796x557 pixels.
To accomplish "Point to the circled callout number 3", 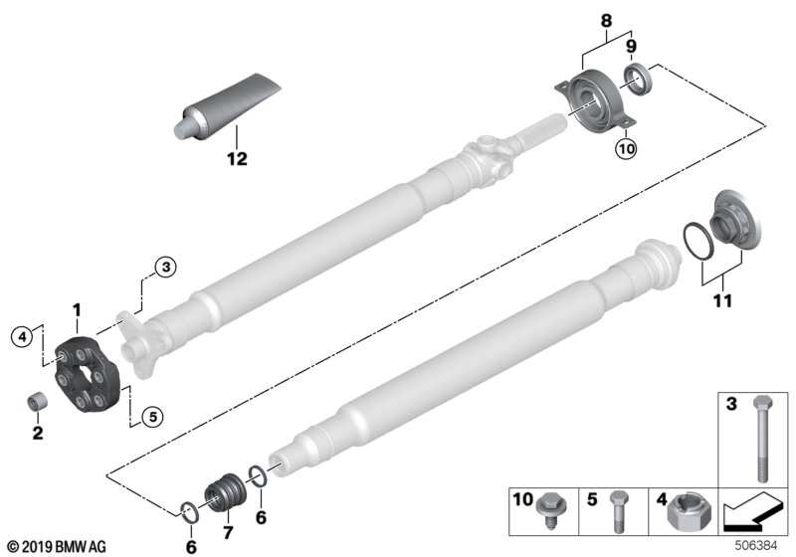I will [165, 266].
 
